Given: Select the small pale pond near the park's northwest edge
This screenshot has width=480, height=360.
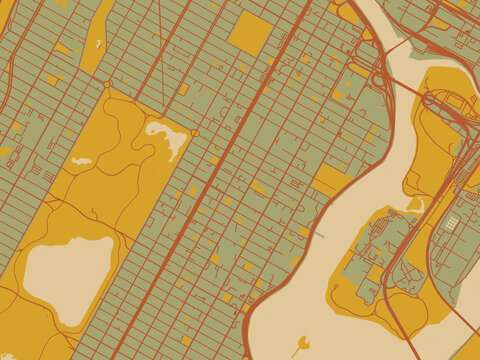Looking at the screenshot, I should click(x=81, y=160).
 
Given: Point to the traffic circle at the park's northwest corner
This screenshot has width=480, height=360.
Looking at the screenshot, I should click(x=107, y=85).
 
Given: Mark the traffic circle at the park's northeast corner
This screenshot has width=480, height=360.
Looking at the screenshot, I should click(x=195, y=133).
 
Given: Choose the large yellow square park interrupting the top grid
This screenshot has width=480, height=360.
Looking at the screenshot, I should click(x=249, y=32).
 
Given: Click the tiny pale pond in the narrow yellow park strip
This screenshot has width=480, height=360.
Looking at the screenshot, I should click(x=98, y=43).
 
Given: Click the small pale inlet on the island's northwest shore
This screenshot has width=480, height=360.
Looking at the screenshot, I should click(x=416, y=204).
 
